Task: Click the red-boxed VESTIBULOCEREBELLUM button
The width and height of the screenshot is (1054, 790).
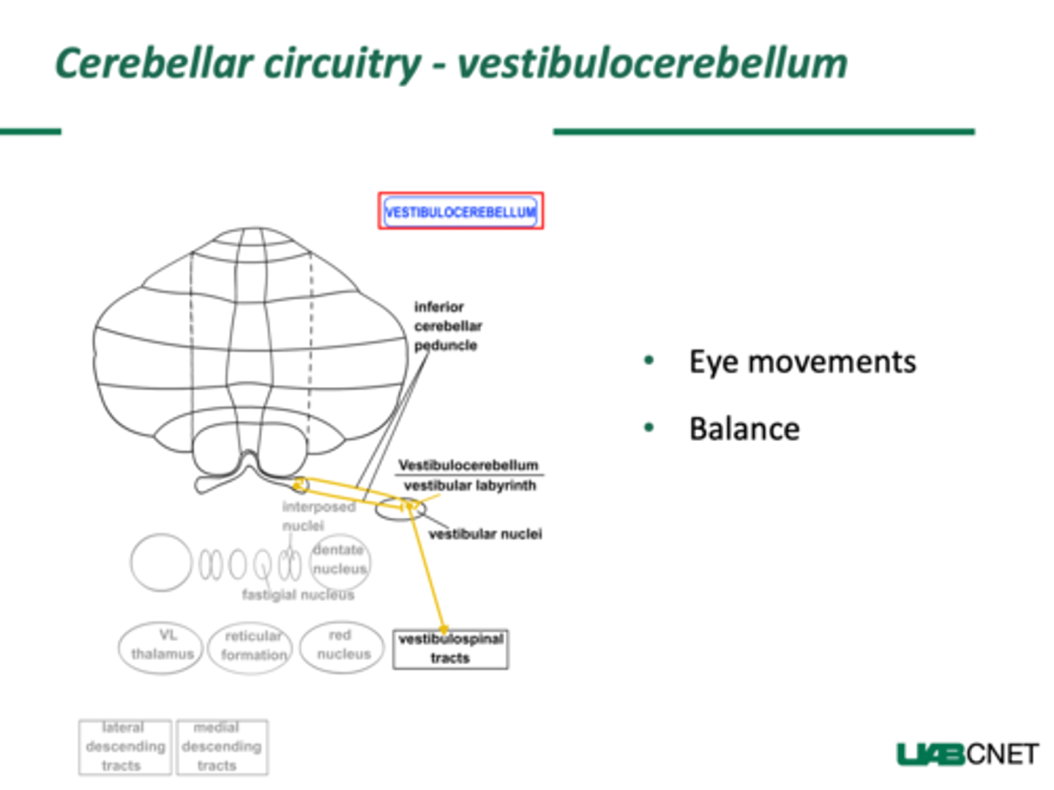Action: tap(460, 211)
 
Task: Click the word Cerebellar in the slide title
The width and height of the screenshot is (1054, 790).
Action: tap(154, 63)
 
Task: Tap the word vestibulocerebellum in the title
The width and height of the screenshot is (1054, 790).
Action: tap(652, 63)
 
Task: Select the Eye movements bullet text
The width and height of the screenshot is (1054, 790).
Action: tap(802, 361)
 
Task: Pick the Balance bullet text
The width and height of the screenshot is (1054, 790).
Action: tap(744, 429)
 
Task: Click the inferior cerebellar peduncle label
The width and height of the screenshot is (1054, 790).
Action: tap(447, 326)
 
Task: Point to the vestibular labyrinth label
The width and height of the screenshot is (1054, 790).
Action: tap(469, 486)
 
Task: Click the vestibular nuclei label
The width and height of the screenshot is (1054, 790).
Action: tap(485, 534)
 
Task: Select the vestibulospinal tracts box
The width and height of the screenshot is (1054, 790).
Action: tap(450, 649)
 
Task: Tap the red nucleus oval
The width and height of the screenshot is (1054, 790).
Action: tap(342, 646)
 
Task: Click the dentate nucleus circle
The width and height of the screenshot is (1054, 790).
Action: tap(340, 561)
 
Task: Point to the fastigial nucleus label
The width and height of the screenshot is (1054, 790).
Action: tap(298, 595)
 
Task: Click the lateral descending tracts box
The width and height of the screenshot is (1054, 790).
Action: tap(124, 747)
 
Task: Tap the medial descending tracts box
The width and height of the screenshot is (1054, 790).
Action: tap(221, 747)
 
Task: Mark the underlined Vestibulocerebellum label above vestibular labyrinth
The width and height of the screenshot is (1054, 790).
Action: tap(468, 465)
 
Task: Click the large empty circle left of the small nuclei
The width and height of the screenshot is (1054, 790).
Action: tap(161, 563)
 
